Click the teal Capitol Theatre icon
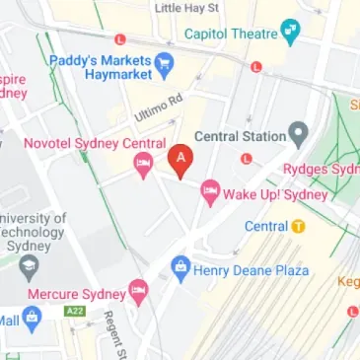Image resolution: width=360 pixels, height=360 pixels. tap(290, 33)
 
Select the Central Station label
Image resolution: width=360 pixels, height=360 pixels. tap(240, 135)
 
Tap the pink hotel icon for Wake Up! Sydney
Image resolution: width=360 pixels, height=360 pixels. tap(209, 193)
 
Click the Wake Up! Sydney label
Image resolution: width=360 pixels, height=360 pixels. tap(277, 193)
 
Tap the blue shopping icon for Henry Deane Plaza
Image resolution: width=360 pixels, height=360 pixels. tap(180, 267)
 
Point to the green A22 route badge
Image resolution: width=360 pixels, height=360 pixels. tap(74, 312)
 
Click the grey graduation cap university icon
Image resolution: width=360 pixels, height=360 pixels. tap(30, 265)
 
